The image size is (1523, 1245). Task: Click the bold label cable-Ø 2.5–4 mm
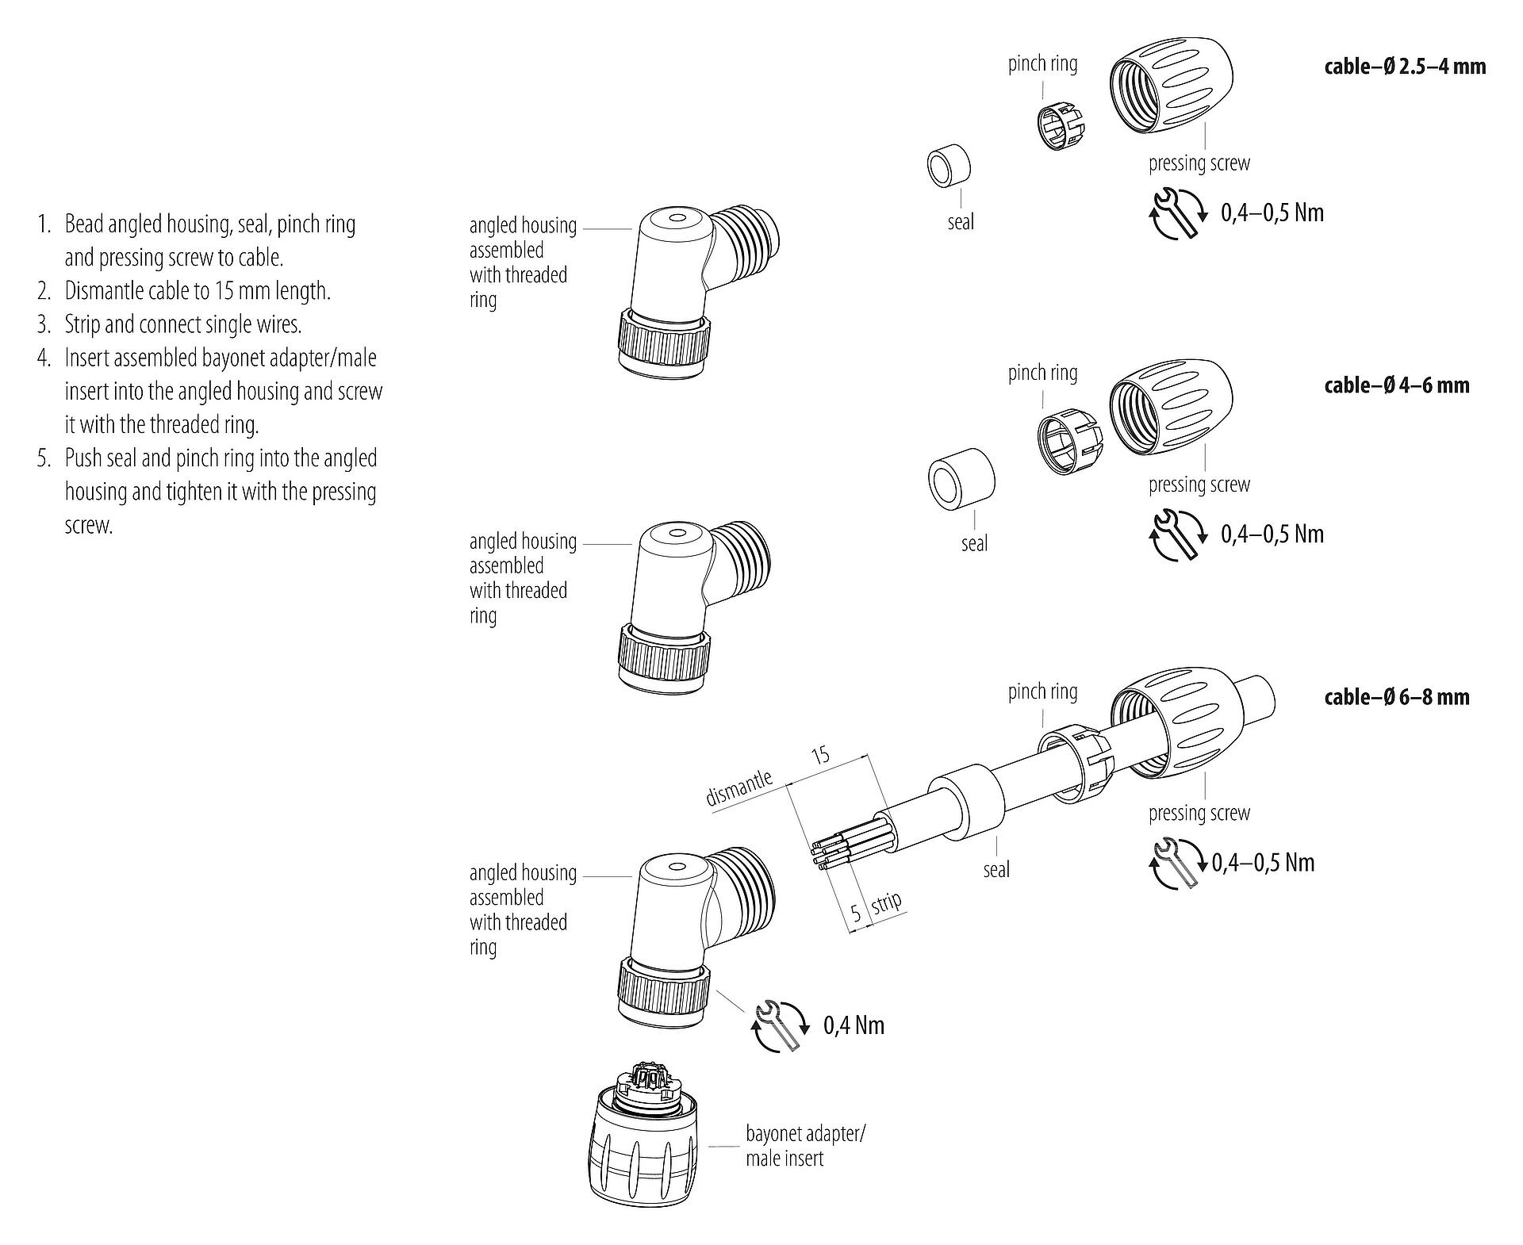(1404, 67)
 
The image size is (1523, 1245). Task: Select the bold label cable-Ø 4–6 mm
(1396, 385)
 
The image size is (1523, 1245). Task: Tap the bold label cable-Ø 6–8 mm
(1396, 697)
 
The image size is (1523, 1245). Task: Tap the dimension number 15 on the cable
(821, 753)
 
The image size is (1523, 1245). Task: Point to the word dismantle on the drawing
(738, 787)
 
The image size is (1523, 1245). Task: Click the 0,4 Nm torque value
(854, 1026)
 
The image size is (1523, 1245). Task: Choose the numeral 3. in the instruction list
(44, 324)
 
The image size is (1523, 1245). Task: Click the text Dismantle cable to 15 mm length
(198, 291)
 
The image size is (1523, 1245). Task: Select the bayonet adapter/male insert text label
(804, 1146)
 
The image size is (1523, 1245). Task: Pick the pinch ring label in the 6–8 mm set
(1042, 691)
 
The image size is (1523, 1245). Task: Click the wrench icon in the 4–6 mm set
(1177, 534)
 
